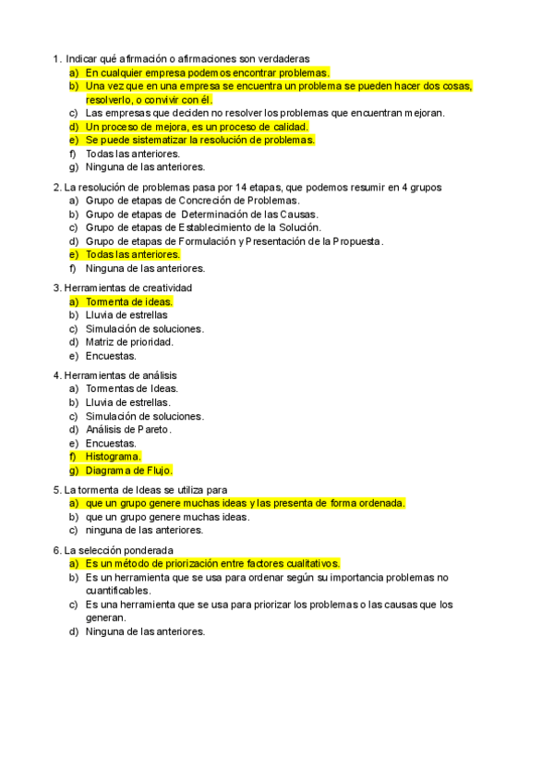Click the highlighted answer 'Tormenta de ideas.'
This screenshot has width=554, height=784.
(x=128, y=301)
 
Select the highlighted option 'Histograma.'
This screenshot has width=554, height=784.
(x=113, y=457)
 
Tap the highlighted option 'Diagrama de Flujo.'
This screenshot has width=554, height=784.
(x=128, y=471)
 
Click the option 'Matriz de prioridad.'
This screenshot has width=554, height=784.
(x=129, y=342)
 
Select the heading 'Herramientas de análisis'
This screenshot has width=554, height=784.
(x=121, y=375)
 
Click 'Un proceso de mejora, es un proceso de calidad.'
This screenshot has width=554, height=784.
(x=197, y=127)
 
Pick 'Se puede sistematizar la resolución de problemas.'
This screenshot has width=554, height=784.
(x=199, y=141)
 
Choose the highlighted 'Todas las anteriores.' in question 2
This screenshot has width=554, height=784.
(x=132, y=254)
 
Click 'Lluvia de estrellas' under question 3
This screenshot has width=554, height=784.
(x=126, y=315)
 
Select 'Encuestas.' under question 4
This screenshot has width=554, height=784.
(x=111, y=443)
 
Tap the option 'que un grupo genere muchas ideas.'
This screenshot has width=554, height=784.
(x=167, y=518)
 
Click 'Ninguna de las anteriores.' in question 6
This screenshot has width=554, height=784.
(x=145, y=632)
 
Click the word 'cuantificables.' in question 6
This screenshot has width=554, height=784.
(x=117, y=591)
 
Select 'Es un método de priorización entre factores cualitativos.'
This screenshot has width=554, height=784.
(x=212, y=564)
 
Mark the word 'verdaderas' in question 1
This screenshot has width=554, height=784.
(x=283, y=58)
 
